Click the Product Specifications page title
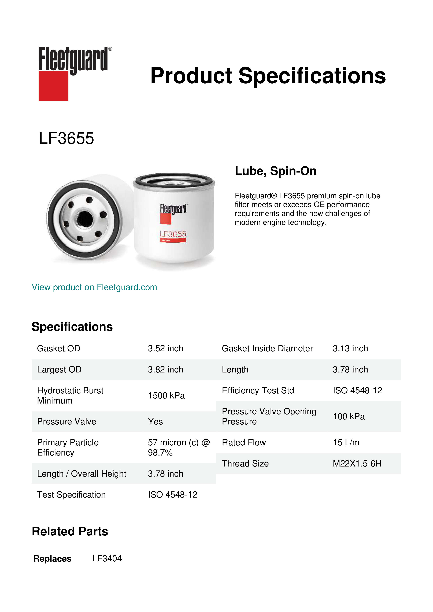(x=268, y=76)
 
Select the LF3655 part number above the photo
(x=66, y=138)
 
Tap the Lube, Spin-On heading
(x=275, y=171)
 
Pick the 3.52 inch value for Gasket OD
(x=165, y=348)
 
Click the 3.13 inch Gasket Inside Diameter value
(x=350, y=348)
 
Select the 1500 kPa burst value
(x=166, y=395)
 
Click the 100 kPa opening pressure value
(x=349, y=416)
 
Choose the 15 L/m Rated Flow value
(x=346, y=442)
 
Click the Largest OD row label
(x=59, y=370)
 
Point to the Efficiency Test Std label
(x=258, y=390)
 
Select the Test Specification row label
(x=71, y=495)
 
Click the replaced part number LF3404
(x=107, y=558)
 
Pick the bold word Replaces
(x=53, y=559)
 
